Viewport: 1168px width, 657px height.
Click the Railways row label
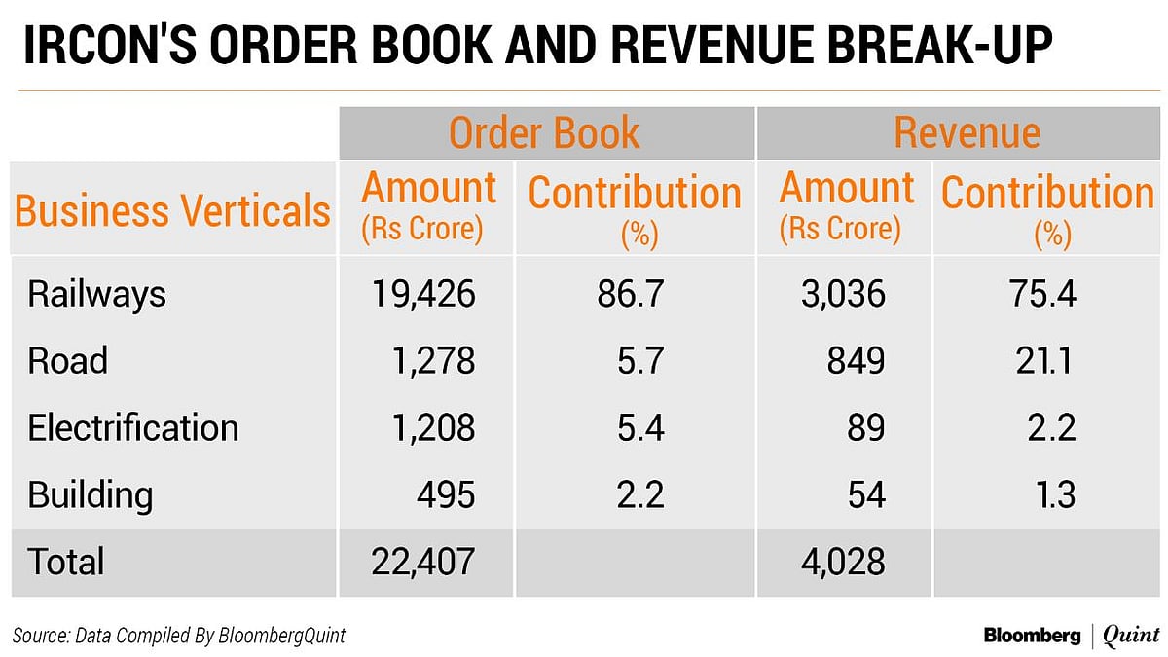tap(96, 295)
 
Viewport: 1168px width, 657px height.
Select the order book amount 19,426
tap(423, 295)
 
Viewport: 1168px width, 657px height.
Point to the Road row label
tap(67, 362)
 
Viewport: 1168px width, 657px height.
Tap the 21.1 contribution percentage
tap(1043, 362)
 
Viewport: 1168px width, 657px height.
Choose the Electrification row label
tap(132, 428)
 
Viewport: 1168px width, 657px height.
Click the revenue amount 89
tap(865, 428)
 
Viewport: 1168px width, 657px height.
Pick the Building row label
tap(90, 495)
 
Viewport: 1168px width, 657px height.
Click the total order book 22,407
tap(423, 562)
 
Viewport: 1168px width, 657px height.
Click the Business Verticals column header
tap(173, 210)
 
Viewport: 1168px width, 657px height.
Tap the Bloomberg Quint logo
tap(1070, 636)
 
